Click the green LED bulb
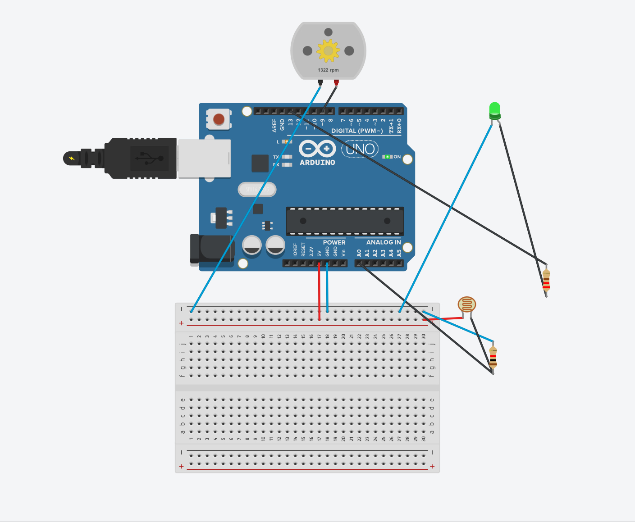click(x=494, y=110)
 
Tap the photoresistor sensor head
click(x=466, y=304)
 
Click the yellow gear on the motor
click(x=328, y=50)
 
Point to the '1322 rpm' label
click(x=328, y=70)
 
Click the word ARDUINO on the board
click(x=317, y=163)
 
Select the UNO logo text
click(x=360, y=149)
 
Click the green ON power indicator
click(x=387, y=157)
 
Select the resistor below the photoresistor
click(x=493, y=358)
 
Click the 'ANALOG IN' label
click(x=383, y=242)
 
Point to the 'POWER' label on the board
click(x=334, y=242)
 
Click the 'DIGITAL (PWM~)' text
click(x=357, y=131)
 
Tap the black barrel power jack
click(x=212, y=248)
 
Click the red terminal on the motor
click(x=336, y=82)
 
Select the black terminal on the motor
click(x=320, y=82)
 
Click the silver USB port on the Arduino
click(x=205, y=158)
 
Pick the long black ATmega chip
click(x=345, y=221)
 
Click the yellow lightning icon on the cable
click(x=72, y=158)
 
